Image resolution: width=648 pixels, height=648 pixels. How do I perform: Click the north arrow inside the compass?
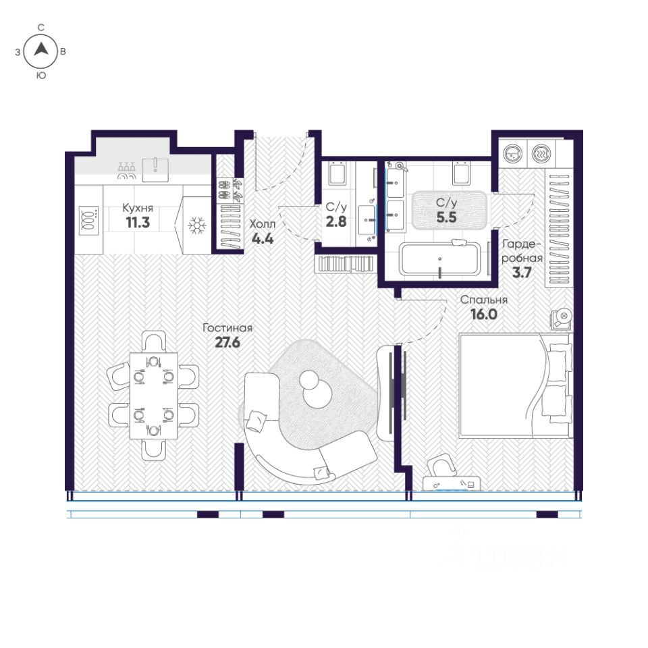click(41, 49)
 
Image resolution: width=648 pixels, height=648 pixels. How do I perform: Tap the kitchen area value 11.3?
click(138, 222)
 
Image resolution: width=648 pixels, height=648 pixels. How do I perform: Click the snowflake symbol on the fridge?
click(197, 225)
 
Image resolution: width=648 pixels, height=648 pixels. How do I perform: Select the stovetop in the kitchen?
click(89, 220)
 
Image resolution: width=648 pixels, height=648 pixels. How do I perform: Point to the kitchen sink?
click(155, 169)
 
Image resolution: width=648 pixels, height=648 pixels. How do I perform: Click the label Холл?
click(263, 224)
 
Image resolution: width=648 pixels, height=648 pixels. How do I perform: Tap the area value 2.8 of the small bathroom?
click(336, 221)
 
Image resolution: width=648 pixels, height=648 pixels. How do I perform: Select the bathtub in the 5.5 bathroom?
click(439, 259)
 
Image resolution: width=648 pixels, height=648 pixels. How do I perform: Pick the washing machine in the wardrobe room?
click(513, 154)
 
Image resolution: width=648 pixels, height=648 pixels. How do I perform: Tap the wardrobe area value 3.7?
click(522, 272)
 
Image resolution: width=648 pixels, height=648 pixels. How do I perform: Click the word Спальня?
click(484, 300)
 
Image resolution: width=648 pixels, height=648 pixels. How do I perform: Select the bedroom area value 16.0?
click(484, 315)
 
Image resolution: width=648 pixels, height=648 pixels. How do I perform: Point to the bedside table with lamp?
click(562, 319)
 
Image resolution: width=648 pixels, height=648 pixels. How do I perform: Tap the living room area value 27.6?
click(227, 343)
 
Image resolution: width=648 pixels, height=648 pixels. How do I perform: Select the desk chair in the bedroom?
click(441, 466)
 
